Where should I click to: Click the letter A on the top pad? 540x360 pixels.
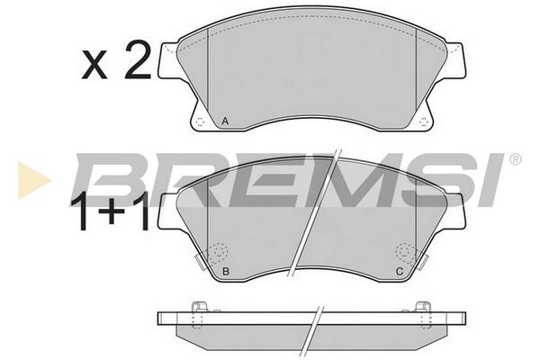tap(225, 121)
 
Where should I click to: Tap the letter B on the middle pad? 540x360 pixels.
tap(226, 271)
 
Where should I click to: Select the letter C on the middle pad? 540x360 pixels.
tap(399, 271)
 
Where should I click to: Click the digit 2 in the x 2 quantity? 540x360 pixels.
tap(138, 59)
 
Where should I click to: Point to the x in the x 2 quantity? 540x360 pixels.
tap(94, 66)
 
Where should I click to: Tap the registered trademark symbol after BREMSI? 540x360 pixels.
tap(515, 159)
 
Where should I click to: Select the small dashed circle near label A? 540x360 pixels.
tap(200, 122)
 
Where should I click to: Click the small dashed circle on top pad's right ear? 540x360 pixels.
tap(423, 122)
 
